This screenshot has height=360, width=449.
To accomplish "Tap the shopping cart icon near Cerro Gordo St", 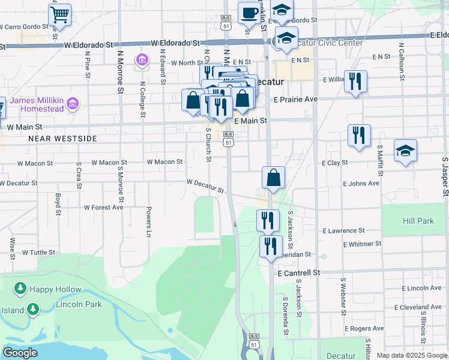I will point(59,14).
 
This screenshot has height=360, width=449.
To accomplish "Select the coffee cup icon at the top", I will point(249,12).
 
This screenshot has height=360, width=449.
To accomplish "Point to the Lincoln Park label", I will point(79,304).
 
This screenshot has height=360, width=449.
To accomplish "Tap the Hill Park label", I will point(418,221).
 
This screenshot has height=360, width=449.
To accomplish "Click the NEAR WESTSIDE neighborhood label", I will point(62,139).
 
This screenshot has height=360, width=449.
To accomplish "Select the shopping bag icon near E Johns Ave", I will point(273,178).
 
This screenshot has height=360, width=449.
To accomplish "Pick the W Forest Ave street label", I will point(103,207).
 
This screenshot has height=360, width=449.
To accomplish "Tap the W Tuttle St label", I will point(38,253).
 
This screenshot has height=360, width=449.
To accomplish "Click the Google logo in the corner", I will point(20,353).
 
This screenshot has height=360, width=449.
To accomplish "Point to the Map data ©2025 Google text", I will point(412,355).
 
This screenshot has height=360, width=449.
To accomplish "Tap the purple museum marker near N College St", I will point(142,60).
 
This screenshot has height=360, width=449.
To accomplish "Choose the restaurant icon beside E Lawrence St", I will point(268,220).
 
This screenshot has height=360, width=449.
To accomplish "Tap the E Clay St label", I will point(335,163).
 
